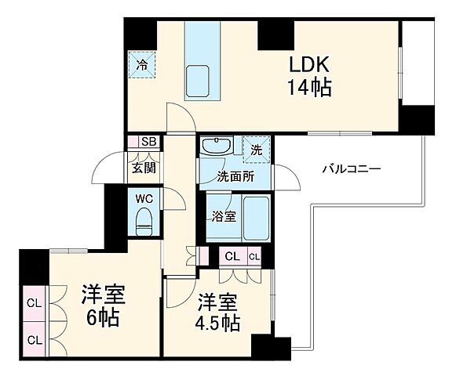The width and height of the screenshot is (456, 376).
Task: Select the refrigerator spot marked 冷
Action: click(142, 65)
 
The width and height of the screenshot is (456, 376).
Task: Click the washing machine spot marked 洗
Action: click(257, 148)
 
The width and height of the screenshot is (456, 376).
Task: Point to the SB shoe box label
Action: click(148, 142)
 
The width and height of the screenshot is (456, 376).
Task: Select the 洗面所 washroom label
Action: click(235, 176)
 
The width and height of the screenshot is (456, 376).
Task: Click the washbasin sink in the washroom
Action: click(215, 146)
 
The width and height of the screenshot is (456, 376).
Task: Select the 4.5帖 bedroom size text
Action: click(218, 321)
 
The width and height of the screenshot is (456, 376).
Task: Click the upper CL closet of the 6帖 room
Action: click(35, 303)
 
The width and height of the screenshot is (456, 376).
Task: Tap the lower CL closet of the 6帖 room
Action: click(35, 339)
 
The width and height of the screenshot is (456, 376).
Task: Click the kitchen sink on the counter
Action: click(199, 81)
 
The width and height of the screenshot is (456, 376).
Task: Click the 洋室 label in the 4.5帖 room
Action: click(217, 300)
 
